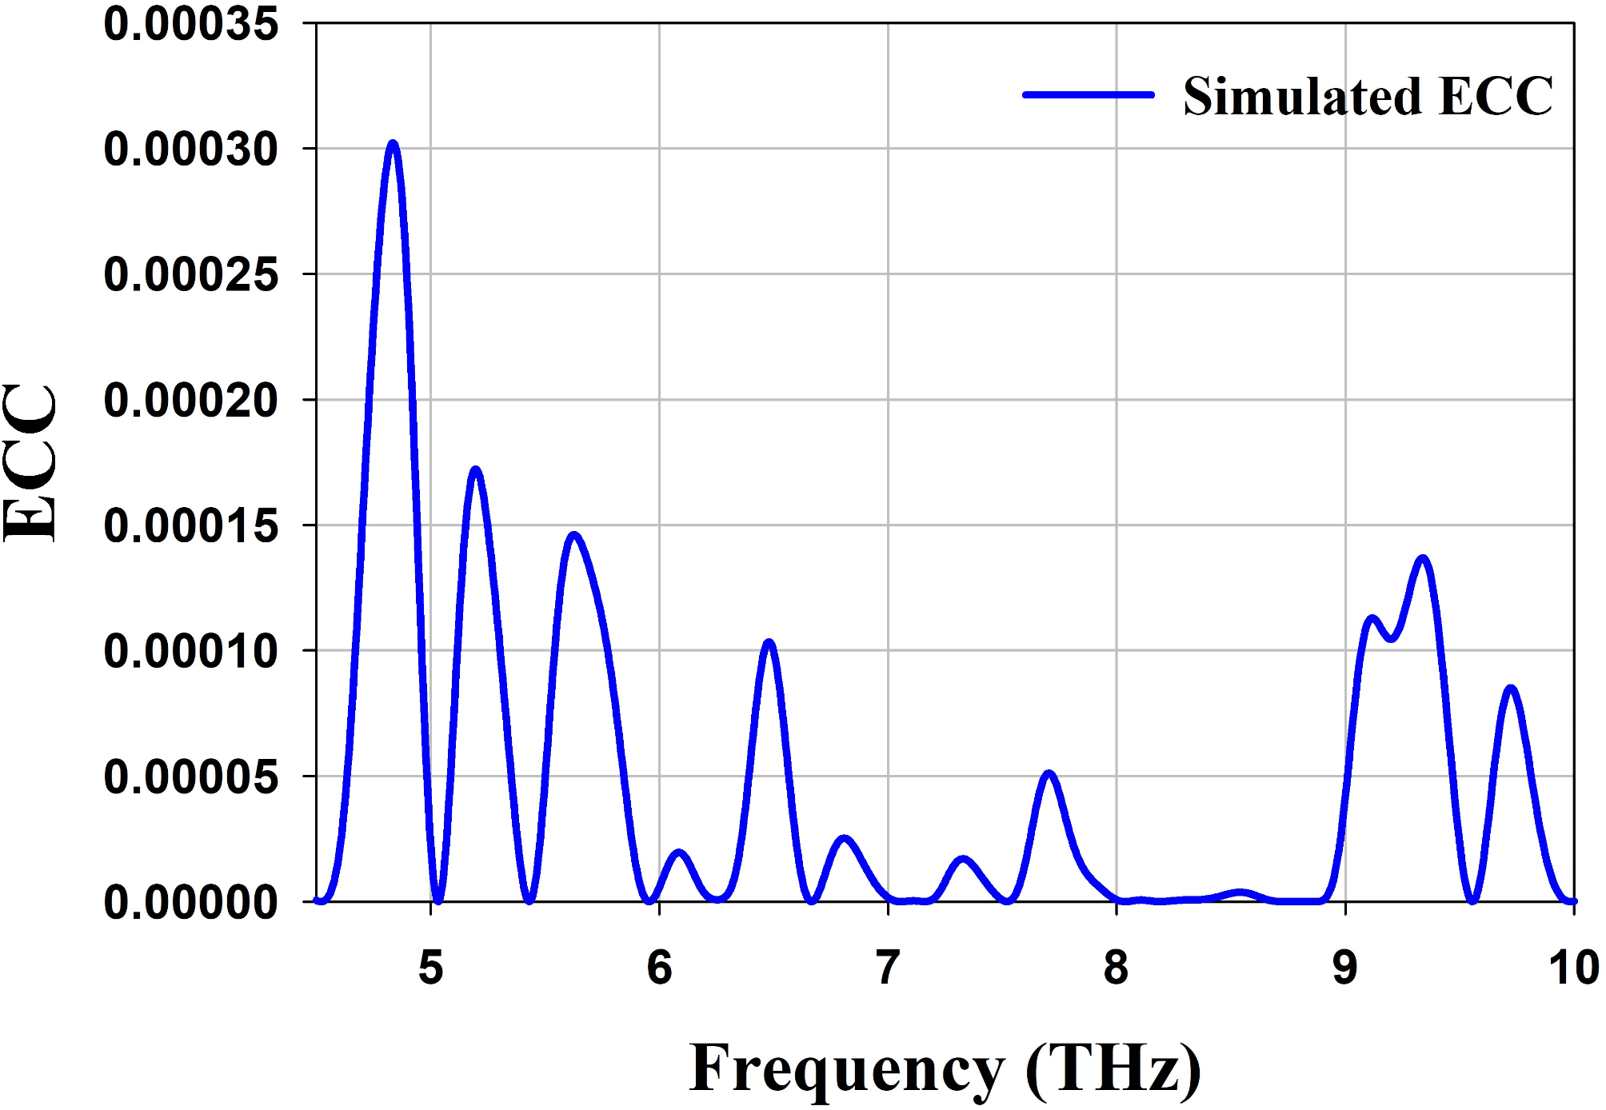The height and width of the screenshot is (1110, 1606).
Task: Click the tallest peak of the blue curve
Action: (393, 145)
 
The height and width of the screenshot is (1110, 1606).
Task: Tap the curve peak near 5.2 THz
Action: (476, 470)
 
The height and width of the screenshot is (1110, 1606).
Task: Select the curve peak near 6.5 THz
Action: (769, 643)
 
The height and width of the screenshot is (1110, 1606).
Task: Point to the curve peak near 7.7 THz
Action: (1049, 774)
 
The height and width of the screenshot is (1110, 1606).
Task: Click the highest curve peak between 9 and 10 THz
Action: (1422, 559)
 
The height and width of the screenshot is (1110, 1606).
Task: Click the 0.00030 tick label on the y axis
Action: (190, 150)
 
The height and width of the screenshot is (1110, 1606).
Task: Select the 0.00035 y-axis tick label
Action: (190, 24)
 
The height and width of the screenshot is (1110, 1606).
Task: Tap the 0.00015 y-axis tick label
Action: (190, 526)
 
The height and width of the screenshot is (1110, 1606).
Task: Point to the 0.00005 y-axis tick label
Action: (190, 777)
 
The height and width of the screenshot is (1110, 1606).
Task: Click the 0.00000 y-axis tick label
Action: (190, 903)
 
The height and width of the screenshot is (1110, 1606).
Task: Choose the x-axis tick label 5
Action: (431, 968)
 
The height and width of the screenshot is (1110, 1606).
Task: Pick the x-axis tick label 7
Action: (888, 968)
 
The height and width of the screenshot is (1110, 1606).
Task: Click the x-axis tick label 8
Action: (1117, 968)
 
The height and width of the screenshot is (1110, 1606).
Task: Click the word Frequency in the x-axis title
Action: (846, 1069)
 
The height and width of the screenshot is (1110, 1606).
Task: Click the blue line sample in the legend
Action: (1089, 95)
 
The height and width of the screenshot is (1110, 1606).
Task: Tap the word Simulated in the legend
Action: (1302, 97)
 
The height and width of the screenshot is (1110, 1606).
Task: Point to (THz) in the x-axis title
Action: (1113, 1069)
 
